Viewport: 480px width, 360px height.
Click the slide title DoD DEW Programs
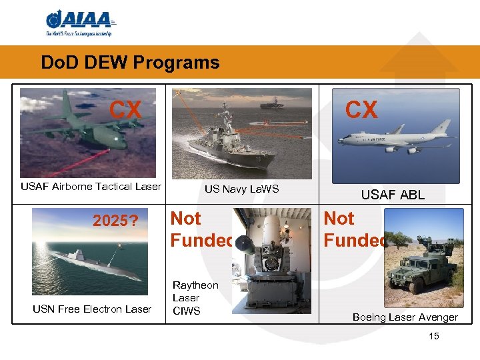coord(130,63)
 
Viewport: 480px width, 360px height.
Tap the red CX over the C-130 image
coord(126,110)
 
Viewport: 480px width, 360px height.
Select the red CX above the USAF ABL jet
coord(361,110)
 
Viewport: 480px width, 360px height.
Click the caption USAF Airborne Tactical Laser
coord(91,187)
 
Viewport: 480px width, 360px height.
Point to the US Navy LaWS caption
coord(241,189)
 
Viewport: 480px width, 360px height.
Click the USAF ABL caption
coord(393,195)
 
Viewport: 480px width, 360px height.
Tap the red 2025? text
coord(115,220)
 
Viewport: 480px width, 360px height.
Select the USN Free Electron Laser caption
coord(92,309)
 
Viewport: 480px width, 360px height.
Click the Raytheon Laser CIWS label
coord(195,298)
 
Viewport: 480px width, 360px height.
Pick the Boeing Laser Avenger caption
coord(405,317)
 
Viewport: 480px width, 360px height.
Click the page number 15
coord(434,336)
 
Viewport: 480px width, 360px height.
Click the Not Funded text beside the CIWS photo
coord(201,229)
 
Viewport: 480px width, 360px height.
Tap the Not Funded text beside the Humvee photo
coord(354,229)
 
